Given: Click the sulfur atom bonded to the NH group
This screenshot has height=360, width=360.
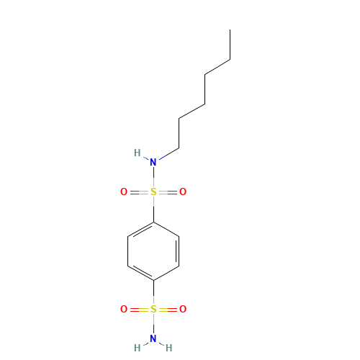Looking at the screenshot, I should [x=153, y=192].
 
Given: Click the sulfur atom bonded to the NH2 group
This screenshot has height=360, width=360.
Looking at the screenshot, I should [x=153, y=310].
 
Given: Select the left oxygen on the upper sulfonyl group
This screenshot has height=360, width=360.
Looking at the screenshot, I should [x=124, y=192].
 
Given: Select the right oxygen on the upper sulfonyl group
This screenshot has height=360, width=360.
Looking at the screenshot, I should [x=183, y=192].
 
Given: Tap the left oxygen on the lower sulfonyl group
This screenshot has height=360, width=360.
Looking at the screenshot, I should [x=124, y=310].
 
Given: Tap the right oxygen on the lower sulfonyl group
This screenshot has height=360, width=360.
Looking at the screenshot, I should [x=183, y=310].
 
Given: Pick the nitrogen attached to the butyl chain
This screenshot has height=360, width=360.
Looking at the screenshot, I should [x=153, y=162].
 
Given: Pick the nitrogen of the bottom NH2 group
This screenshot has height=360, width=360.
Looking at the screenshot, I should [x=153, y=338].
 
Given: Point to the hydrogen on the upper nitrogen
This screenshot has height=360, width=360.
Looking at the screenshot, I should [x=137, y=153].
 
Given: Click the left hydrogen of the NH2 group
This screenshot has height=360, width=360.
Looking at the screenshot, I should [x=137, y=348].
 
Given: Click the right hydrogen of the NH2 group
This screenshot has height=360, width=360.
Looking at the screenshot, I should [x=169, y=348].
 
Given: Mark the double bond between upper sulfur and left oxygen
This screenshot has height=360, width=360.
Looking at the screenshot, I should [x=138, y=192].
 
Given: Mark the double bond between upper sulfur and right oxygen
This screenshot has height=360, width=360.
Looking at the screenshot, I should [x=168, y=192].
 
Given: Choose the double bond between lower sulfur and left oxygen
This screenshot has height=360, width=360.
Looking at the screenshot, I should [x=138, y=310].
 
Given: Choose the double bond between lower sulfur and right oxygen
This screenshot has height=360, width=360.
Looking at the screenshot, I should [x=168, y=310].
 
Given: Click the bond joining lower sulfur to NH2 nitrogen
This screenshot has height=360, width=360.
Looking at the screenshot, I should [x=153, y=324].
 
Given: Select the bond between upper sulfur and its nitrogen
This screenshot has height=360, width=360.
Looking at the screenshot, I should [x=153, y=177].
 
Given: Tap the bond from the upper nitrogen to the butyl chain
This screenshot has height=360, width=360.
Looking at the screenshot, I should [x=168, y=154].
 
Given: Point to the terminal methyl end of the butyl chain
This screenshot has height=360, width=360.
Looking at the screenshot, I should [x=229, y=60].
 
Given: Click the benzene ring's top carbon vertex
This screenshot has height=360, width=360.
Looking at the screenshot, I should [x=153, y=221].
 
